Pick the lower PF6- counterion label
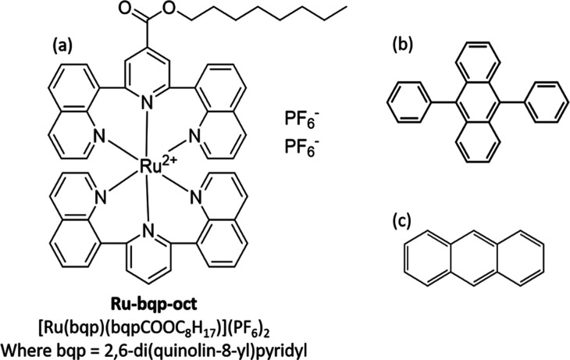pos(300,150)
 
